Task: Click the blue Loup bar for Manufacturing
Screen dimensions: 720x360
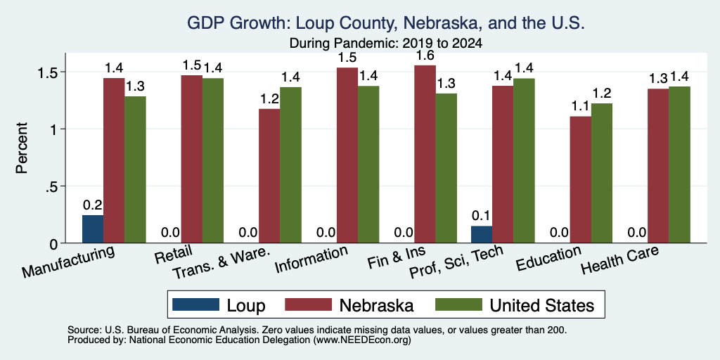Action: [93, 229]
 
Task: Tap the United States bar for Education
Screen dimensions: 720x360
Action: [602, 173]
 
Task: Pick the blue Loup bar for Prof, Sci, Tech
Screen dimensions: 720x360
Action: [481, 234]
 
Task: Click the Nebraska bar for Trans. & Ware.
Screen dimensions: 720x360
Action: [269, 176]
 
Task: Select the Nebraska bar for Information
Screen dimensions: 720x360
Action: [347, 155]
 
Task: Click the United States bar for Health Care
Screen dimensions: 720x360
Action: [680, 165]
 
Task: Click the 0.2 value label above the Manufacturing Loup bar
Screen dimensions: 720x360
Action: [93, 205]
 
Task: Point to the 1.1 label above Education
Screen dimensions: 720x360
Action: [580, 107]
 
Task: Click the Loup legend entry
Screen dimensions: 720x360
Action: [219, 305]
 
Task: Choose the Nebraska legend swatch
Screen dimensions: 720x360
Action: [308, 304]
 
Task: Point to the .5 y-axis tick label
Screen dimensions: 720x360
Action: [48, 186]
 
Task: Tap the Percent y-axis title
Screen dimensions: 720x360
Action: [22, 148]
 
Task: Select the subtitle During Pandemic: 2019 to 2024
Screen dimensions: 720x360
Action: [386, 44]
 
